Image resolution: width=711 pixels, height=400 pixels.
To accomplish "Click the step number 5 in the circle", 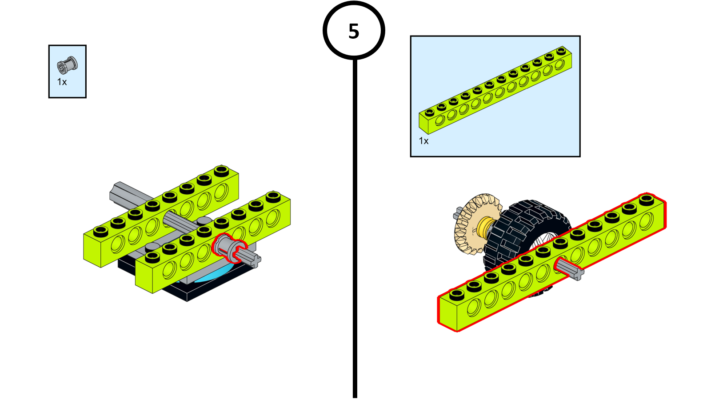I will pos(354,31).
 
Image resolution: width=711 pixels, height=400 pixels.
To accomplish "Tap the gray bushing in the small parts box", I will pos(67,65).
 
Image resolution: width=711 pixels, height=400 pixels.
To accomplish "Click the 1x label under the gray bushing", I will pos(62,82).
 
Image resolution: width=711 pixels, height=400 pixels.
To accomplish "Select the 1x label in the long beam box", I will pos(423,141).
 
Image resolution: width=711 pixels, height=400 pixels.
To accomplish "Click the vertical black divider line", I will pos(355,222).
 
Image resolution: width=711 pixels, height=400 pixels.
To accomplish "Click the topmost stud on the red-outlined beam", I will pos(647,200).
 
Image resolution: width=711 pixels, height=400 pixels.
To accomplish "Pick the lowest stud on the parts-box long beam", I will pos(429,112).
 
